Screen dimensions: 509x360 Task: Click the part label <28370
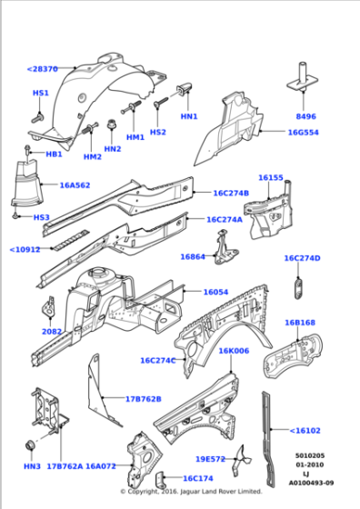[x=42, y=69]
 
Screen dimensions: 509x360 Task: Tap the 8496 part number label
[x=307, y=117]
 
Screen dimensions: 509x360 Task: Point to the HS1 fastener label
[x=41, y=94]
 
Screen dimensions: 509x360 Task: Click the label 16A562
[x=75, y=185]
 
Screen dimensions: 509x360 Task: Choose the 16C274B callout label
[x=231, y=193]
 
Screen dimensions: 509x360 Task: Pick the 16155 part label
[x=271, y=178]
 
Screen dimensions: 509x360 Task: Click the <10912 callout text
[x=25, y=249]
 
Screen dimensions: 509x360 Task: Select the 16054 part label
[x=215, y=292]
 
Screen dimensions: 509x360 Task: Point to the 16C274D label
[x=302, y=258]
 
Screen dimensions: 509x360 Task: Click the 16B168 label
[x=299, y=323]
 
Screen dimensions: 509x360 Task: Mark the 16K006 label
[x=233, y=350]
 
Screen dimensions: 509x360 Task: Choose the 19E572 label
[x=210, y=459]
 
